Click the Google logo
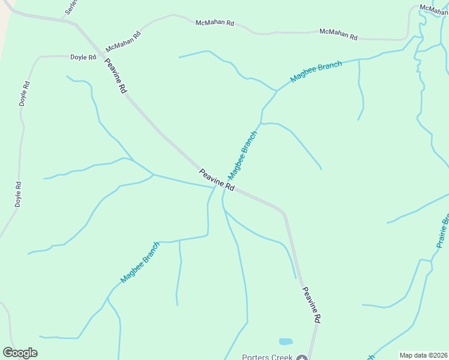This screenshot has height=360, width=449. [20, 353]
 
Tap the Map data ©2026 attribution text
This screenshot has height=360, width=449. [423, 355]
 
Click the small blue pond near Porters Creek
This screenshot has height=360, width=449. [286, 341]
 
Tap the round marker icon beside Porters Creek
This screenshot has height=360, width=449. [301, 358]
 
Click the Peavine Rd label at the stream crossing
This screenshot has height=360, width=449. [217, 179]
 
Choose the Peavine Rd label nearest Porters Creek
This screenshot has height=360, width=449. [311, 305]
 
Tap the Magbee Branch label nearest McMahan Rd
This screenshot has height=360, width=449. [316, 71]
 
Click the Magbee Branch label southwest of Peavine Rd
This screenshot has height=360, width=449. [140, 262]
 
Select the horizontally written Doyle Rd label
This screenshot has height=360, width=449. [83, 57]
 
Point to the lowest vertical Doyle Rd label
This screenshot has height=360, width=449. [19, 194]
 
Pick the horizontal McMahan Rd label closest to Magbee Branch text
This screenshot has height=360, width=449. [338, 34]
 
